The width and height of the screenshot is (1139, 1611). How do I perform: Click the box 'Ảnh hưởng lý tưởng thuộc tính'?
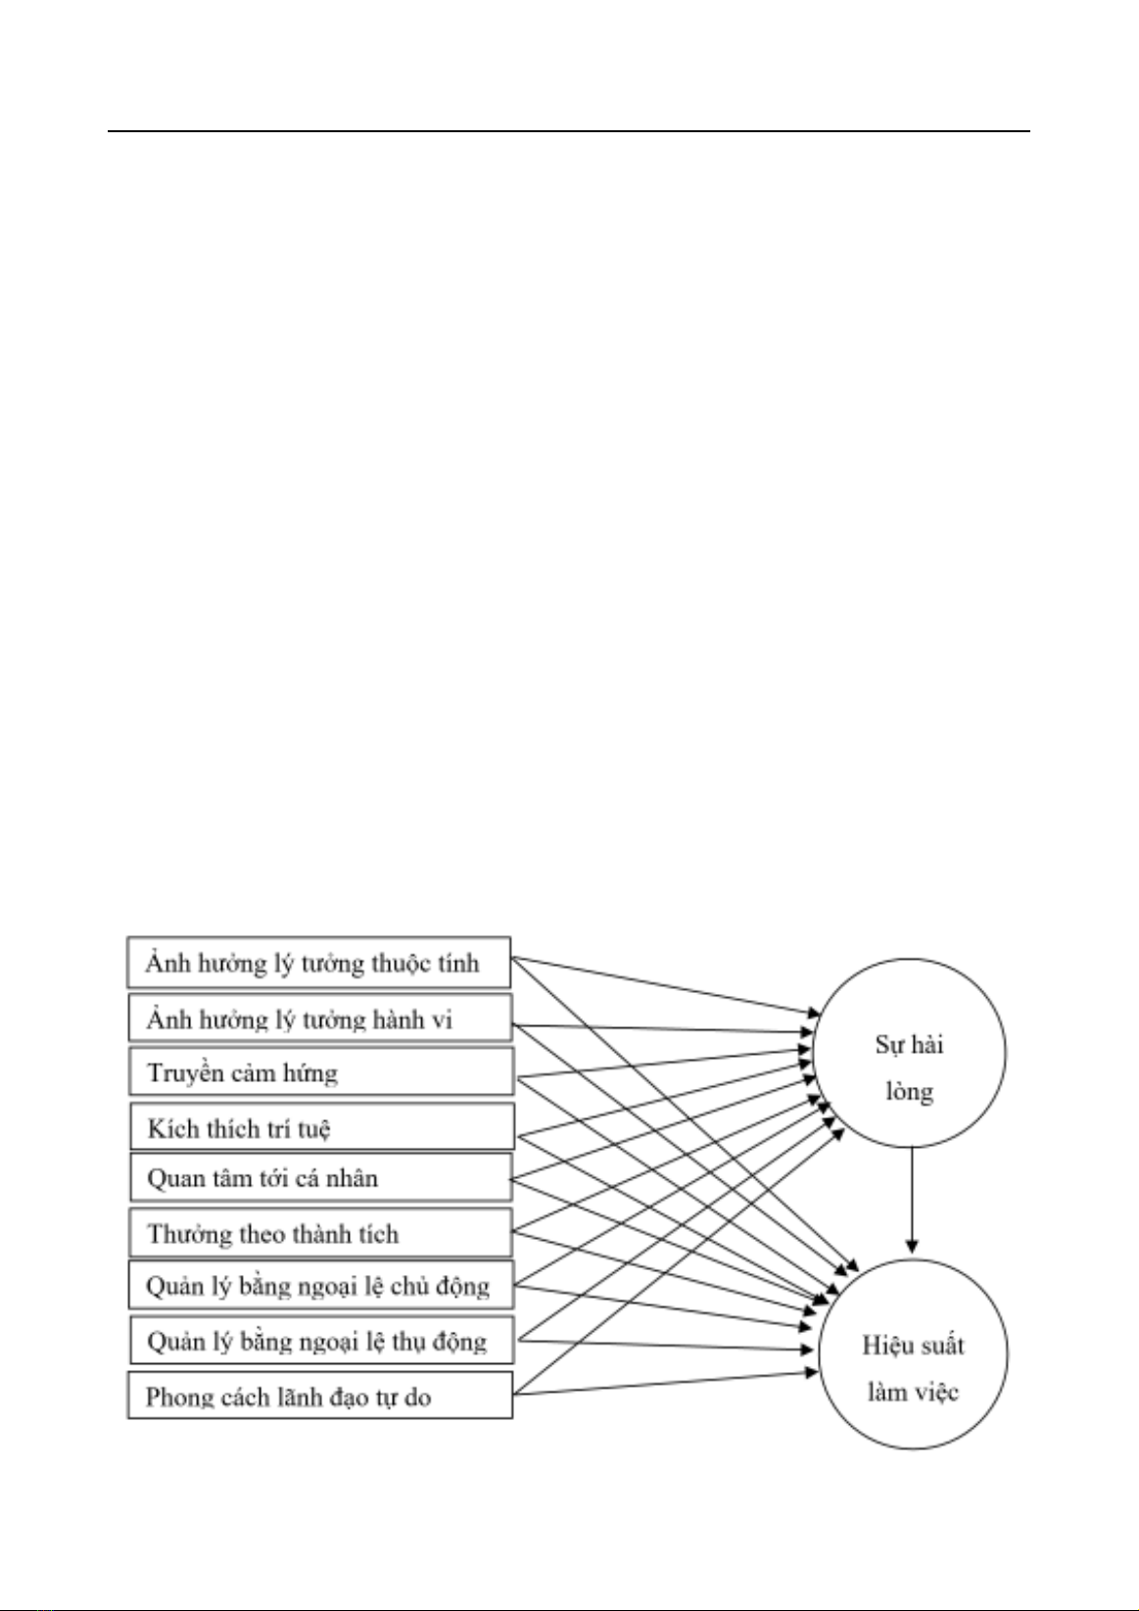point(318,963)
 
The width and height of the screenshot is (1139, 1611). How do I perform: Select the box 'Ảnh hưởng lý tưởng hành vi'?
point(320,1018)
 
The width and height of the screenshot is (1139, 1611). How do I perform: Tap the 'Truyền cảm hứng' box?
point(321,1071)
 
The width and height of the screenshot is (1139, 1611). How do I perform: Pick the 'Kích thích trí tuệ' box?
point(322,1127)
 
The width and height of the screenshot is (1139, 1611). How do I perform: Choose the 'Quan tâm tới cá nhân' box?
point(320,1177)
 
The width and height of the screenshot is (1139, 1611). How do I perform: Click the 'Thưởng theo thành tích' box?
point(320,1233)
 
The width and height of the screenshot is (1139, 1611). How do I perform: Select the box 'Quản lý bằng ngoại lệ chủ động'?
point(320,1285)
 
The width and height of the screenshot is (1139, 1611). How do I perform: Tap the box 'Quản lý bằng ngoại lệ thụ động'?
point(322,1340)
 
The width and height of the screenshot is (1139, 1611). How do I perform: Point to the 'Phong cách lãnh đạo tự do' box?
point(320,1396)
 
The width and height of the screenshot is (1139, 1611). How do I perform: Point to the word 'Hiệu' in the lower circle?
point(884,1345)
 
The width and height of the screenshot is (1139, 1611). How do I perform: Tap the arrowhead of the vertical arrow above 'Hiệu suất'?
point(912,1247)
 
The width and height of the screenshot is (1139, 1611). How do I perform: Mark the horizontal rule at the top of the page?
point(569,131)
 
